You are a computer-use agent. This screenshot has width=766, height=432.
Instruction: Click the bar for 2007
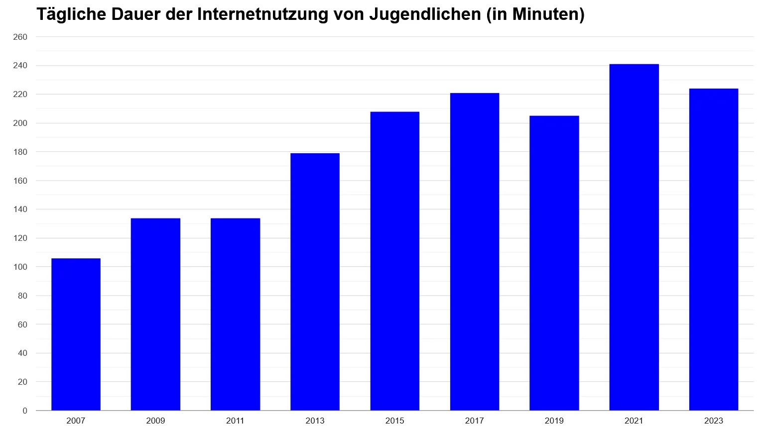[76, 334]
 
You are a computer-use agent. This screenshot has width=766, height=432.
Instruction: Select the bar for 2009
[155, 314]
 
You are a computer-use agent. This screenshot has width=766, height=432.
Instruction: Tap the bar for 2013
[315, 282]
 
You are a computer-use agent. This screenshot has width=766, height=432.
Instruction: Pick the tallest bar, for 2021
[634, 237]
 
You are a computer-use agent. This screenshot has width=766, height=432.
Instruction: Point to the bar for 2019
[554, 263]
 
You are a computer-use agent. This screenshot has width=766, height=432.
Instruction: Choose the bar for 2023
[713, 249]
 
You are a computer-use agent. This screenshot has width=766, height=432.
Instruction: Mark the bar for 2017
[474, 252]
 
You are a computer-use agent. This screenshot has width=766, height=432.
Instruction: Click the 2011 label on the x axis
[235, 421]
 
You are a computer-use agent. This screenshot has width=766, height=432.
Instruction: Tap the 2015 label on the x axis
[394, 421]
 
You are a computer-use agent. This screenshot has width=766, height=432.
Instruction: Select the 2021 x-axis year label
[634, 421]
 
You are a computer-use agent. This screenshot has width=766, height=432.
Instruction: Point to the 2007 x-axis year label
[76, 421]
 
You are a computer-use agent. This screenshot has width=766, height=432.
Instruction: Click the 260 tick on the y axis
[20, 37]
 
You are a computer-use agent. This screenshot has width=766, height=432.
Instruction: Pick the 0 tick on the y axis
[25, 411]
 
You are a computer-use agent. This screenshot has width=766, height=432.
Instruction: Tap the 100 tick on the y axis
[20, 267]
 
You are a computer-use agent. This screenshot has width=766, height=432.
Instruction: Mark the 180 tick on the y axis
[20, 152]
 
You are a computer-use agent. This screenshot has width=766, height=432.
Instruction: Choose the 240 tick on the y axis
[20, 66]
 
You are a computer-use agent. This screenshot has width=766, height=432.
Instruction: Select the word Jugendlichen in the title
[425, 14]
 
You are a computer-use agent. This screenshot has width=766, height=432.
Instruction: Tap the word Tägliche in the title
[71, 14]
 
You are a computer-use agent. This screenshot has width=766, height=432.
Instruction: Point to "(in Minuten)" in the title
[535, 14]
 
